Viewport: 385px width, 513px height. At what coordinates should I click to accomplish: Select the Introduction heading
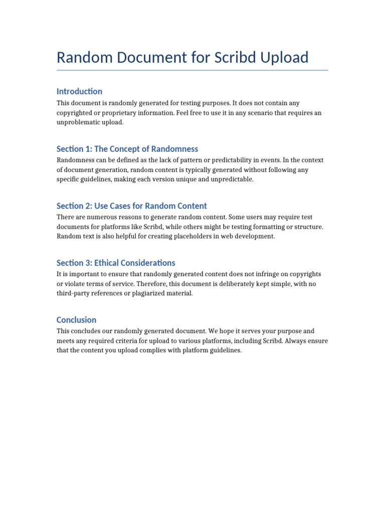(x=79, y=91)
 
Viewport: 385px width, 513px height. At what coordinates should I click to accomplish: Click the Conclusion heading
(x=77, y=320)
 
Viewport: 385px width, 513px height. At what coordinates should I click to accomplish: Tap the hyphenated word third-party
(x=75, y=294)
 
